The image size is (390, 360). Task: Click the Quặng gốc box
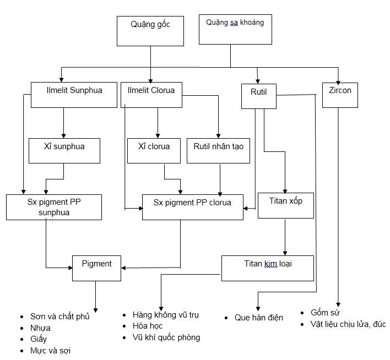coord(150,31)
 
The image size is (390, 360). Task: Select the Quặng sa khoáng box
coord(235,30)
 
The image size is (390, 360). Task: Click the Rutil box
coord(258,96)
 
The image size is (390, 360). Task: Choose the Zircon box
coord(340,95)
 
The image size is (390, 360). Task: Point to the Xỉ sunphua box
coord(64,150)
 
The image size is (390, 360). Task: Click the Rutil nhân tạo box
coord(218,150)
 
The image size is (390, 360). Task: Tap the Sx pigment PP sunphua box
coord(54,206)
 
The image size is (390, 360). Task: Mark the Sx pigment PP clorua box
coord(192,206)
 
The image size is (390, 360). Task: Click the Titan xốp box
coord(286,205)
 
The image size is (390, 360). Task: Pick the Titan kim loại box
coord(268,268)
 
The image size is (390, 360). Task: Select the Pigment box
coord(96,268)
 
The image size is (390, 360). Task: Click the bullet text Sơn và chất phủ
coord(59,317)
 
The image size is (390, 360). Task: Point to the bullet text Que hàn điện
coord(258,318)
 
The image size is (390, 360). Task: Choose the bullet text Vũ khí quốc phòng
coord(166,337)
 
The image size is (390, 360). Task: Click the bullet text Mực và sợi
coord(51,350)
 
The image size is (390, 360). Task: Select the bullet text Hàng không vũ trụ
coord(165,315)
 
